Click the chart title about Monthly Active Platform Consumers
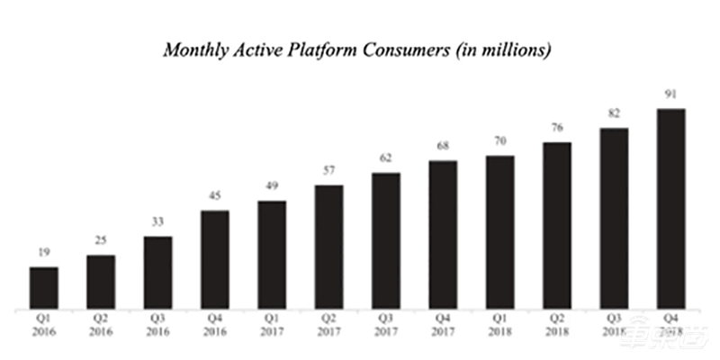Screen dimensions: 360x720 pos(356,50)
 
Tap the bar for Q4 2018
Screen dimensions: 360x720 pos(670,209)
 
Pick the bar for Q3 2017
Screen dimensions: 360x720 pos(385,241)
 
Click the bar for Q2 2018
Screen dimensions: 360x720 pos(557,226)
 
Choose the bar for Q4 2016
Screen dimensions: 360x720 pos(215,260)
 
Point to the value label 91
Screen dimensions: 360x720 pos(670,94)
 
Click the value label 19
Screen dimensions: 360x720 pos(44,253)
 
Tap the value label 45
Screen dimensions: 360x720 pos(215,196)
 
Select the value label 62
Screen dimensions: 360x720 pos(385,158)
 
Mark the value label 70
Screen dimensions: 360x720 pos(499,141)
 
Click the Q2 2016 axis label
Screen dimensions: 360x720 pos(101,325)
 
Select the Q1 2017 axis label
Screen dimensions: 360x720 pos(272,325)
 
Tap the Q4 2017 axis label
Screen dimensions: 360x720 pos(443,325)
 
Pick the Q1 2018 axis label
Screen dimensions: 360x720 pos(499,325)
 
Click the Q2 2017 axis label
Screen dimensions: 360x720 pos(328,325)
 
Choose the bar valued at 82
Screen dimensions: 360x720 pos(614,219)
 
